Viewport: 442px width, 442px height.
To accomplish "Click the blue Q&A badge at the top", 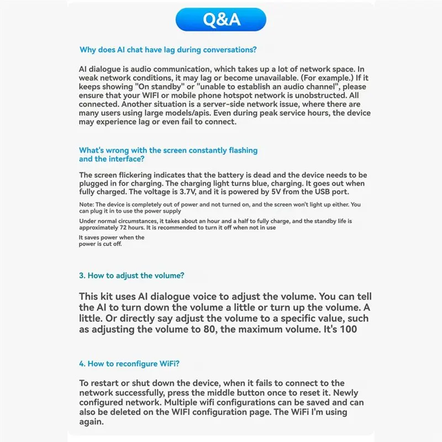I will (x=222, y=19).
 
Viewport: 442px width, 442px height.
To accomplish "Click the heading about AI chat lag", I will (x=168, y=50).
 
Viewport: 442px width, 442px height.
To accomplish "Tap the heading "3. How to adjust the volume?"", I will (x=131, y=275).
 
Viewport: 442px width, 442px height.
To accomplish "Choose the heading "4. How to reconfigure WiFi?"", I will (x=129, y=363).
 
